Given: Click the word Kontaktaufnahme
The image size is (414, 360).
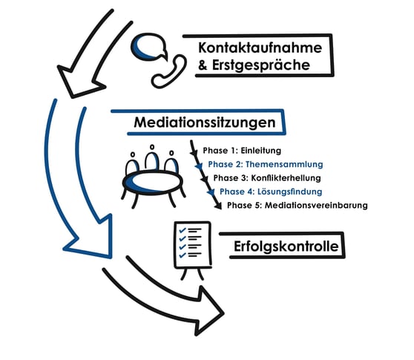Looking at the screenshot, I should point(260,47).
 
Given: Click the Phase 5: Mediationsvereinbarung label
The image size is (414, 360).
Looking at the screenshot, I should point(297,206).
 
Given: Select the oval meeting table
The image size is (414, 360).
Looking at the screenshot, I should point(153,183).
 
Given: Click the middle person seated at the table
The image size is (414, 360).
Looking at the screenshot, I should point(151,159).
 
